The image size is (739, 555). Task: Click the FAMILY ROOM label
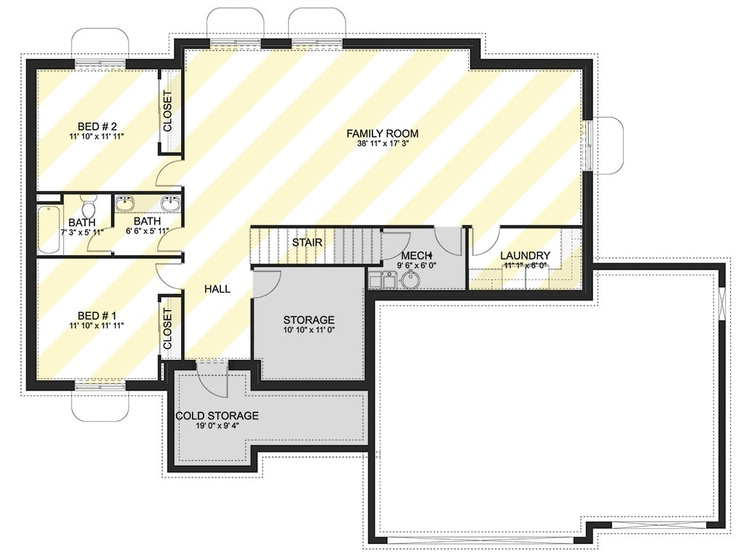[x=382, y=133]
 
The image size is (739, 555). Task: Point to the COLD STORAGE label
[x=217, y=416]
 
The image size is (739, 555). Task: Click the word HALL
[x=217, y=289]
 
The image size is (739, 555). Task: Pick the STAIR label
[x=307, y=243]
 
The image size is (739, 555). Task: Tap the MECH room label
[x=416, y=256]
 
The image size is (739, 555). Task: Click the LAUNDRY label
[x=525, y=256]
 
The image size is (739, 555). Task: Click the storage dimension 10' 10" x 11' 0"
[x=309, y=330]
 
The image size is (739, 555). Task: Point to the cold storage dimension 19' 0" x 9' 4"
[x=217, y=427]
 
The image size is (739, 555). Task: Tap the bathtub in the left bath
[x=49, y=229]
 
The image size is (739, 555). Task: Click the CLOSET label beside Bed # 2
[x=168, y=111]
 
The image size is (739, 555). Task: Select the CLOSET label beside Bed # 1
[x=168, y=329]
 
